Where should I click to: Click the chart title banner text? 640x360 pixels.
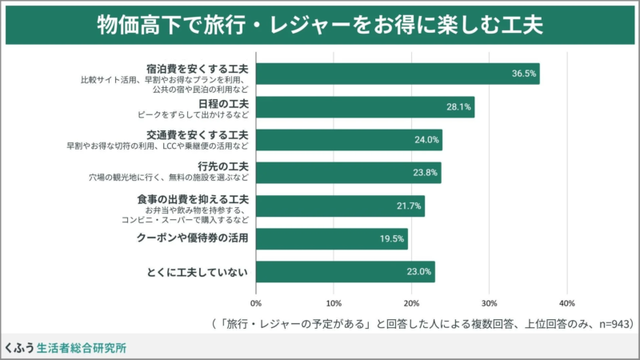pyautogui.click(x=320, y=24)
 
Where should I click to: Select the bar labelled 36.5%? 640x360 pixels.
pyautogui.click(x=398, y=74)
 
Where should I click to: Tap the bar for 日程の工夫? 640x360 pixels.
pyautogui.click(x=365, y=107)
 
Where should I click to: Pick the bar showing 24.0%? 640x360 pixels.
pyautogui.click(x=349, y=140)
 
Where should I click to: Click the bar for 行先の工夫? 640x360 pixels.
pyautogui.click(x=348, y=173)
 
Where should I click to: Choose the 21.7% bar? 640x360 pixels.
pyautogui.click(x=340, y=206)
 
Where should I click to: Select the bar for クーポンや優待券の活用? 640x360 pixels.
pyautogui.click(x=331, y=238)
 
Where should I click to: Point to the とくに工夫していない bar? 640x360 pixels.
pyautogui.click(x=345, y=271)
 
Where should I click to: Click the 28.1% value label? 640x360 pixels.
pyautogui.click(x=458, y=107)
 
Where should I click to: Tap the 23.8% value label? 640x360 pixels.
pyautogui.click(x=426, y=173)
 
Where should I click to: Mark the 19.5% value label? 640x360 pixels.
pyautogui.click(x=392, y=238)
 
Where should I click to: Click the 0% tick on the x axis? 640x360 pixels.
pyautogui.click(x=256, y=304)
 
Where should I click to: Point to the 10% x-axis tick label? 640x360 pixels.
pyautogui.click(x=334, y=304)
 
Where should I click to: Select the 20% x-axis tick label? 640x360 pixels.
pyautogui.click(x=411, y=304)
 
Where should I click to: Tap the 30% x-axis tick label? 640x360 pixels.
pyautogui.click(x=489, y=304)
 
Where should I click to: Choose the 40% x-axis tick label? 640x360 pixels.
pyautogui.click(x=566, y=304)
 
